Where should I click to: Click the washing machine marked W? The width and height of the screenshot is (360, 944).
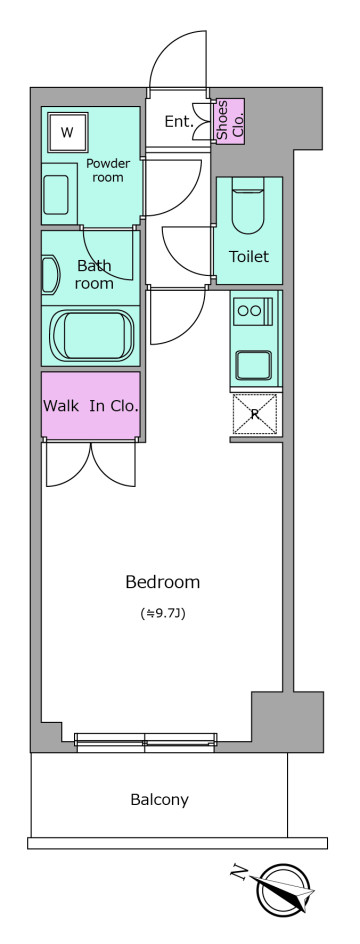pyautogui.click(x=66, y=132)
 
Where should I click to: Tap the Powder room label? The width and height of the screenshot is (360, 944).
pyautogui.click(x=108, y=170)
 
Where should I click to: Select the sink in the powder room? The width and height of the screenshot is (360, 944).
pyautogui.click(x=56, y=195)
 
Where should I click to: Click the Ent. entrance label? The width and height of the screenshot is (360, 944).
pyautogui.click(x=179, y=122)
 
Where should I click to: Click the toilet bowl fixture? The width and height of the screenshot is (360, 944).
pyautogui.click(x=247, y=211)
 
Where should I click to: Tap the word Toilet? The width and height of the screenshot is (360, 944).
pyautogui.click(x=249, y=257)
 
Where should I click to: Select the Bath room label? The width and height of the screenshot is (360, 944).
pyautogui.click(x=94, y=274)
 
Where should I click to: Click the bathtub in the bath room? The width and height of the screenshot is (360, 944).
pyautogui.click(x=91, y=335)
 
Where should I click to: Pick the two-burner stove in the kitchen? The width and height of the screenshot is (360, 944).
pyautogui.click(x=254, y=310)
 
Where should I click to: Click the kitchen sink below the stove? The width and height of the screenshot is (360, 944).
pyautogui.click(x=253, y=365)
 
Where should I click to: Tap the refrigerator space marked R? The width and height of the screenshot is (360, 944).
pyautogui.click(x=255, y=414)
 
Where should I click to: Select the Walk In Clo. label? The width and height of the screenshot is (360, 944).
pyautogui.click(x=91, y=406)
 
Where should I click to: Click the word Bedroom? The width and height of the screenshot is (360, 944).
pyautogui.click(x=163, y=582)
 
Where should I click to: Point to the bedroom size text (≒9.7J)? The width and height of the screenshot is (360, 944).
pyautogui.click(x=162, y=615)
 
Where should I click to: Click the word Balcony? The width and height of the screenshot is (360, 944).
pyautogui.click(x=160, y=800)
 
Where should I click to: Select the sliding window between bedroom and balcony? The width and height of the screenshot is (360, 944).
pyautogui.click(x=145, y=742)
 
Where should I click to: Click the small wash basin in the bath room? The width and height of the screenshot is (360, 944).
pyautogui.click(x=49, y=275)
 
